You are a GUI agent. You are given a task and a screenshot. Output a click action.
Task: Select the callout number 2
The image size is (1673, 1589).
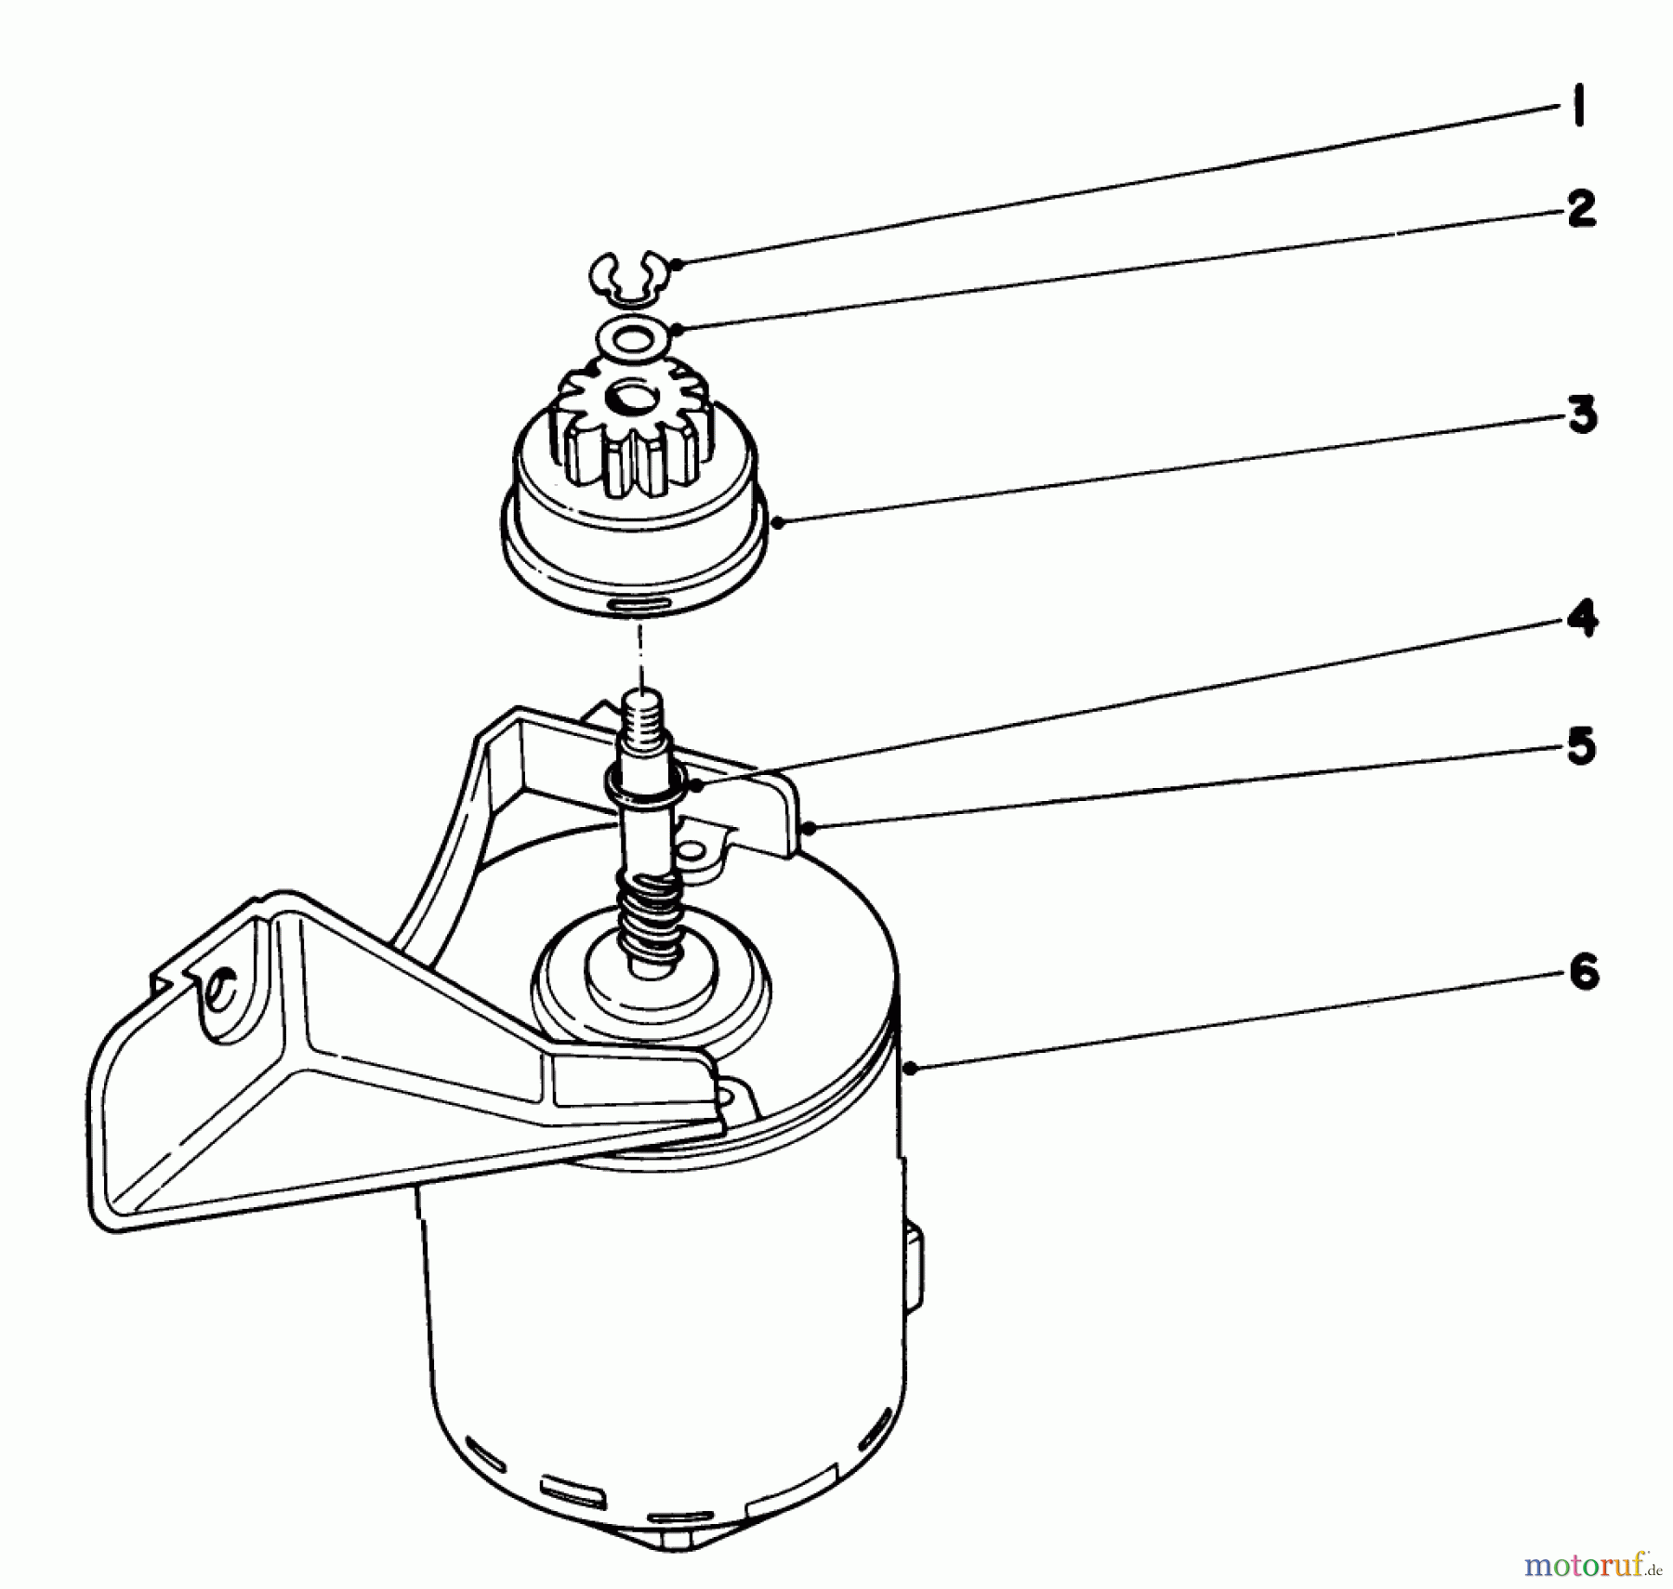[1581, 209]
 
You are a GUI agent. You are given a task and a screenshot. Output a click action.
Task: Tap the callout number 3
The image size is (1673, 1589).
[1582, 414]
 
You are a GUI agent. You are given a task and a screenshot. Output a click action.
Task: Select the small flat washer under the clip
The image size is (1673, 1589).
[632, 338]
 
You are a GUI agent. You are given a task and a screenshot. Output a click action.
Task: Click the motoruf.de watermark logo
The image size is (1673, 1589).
[1591, 1565]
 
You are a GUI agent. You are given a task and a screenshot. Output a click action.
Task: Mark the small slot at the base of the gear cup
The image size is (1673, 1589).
[637, 603]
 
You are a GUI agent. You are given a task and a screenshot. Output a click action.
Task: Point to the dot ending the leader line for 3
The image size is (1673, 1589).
[778, 522]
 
